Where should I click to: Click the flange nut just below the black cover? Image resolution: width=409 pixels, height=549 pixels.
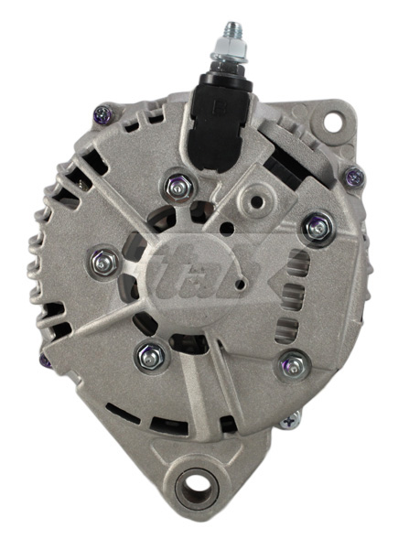click(x=178, y=188)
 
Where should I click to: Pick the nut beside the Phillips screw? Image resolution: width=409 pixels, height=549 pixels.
click(x=295, y=364)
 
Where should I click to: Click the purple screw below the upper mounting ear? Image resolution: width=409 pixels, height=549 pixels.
click(x=354, y=177)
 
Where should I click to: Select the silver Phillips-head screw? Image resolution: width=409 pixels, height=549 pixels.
click(x=291, y=420)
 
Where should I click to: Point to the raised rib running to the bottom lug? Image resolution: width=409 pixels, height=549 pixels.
click(x=198, y=393)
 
